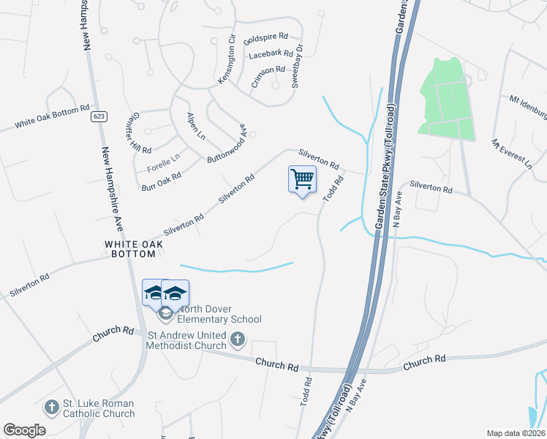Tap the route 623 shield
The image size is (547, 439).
pyautogui.click(x=98, y=116)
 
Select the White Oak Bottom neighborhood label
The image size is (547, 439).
pyautogui.click(x=130, y=249)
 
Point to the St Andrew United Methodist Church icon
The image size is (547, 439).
pyautogui.click(x=237, y=339)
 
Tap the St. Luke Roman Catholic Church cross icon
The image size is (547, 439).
pyautogui.click(x=51, y=406)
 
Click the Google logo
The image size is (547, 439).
pyautogui.click(x=24, y=430)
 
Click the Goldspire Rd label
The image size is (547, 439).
pyautogui.click(x=266, y=37)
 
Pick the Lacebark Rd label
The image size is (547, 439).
pyautogui.click(x=271, y=54)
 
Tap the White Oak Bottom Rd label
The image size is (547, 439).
pyautogui.click(x=52, y=117)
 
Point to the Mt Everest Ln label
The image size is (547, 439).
pyautogui.click(x=513, y=155)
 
